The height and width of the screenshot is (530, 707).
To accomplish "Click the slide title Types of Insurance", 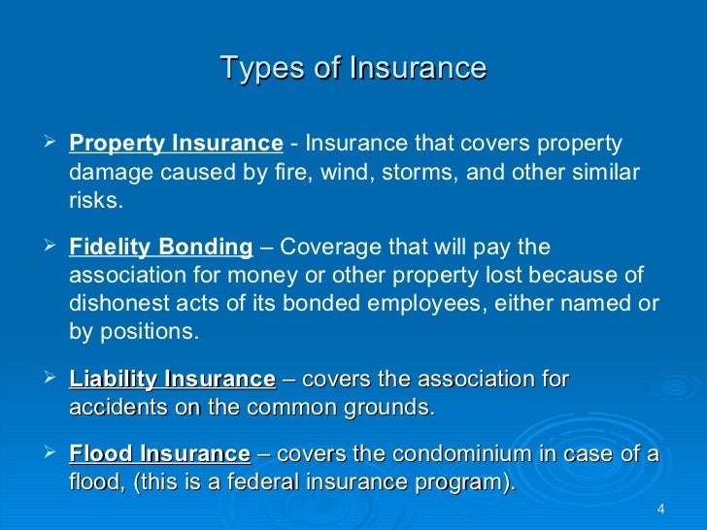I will (x=353, y=69).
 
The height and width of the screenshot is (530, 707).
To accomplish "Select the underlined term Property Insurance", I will (x=176, y=144).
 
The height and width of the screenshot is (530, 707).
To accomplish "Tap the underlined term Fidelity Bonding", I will (x=160, y=245).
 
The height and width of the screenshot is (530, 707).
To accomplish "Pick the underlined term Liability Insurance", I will (x=172, y=379).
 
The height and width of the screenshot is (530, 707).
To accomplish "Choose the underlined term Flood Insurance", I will (x=159, y=454).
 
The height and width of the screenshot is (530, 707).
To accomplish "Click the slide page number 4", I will (x=660, y=510).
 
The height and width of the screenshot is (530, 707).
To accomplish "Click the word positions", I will (x=147, y=332).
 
